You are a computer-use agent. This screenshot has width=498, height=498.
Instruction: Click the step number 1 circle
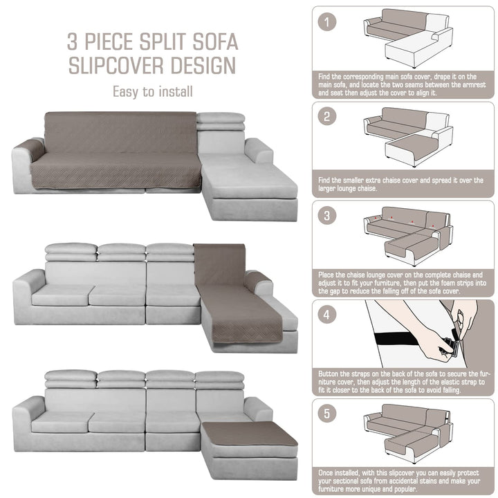click(326, 22)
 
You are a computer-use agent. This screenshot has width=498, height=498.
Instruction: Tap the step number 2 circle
click(326, 116)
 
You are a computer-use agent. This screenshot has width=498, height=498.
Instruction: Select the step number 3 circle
click(326, 216)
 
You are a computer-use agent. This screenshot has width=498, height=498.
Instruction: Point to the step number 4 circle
click(326, 315)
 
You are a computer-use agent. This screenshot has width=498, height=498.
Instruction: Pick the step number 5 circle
click(326, 414)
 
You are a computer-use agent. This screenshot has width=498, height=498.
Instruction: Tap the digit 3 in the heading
click(72, 41)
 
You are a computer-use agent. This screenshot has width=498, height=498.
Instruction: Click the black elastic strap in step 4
click(400, 339)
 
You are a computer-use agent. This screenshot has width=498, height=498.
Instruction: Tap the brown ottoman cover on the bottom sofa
click(249, 434)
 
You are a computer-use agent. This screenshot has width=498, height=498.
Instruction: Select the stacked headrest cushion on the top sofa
click(221, 121)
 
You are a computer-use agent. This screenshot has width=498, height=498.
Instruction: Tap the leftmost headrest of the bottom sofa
click(71, 378)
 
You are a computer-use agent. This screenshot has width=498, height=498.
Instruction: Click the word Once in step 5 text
click(326, 473)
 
